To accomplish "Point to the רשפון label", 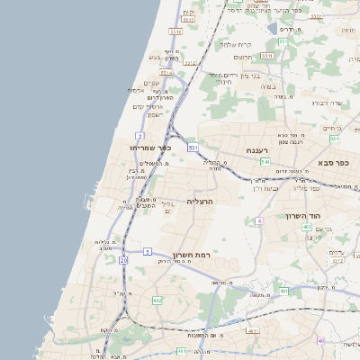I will tap(154, 114).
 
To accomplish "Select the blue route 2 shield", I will tap(140, 136).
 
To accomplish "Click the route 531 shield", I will tap(193, 147).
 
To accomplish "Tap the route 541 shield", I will tap(265, 162).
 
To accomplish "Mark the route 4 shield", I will tap(259, 220).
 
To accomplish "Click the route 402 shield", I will tap(307, 228).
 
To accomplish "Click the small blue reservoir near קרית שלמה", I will tap(273, 29).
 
